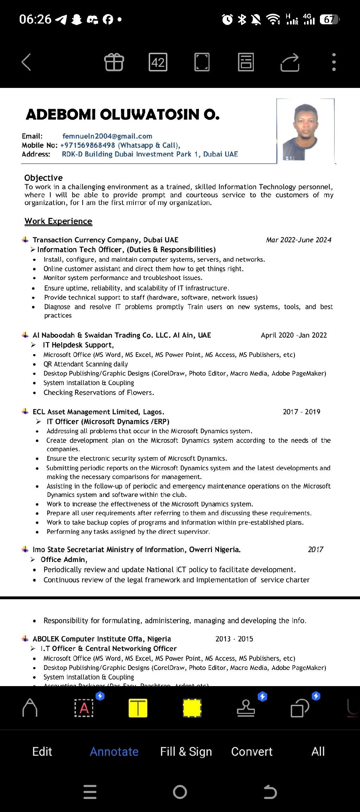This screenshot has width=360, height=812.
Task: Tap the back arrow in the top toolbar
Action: tap(26, 62)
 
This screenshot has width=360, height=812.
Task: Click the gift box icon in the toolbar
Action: tap(114, 62)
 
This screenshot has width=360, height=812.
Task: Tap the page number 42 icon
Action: tap(158, 62)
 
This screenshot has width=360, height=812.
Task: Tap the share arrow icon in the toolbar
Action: tap(290, 62)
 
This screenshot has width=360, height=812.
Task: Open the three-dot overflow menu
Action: tap(334, 62)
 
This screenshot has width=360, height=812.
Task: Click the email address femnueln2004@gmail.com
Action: tap(107, 136)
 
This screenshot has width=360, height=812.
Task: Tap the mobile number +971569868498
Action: tap(88, 145)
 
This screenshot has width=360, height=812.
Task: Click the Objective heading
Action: tap(43, 178)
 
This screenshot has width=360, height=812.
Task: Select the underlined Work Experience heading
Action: tap(58, 221)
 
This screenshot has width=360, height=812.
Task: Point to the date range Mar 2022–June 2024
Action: tap(298, 240)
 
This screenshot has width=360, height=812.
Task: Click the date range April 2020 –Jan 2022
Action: tap(294, 335)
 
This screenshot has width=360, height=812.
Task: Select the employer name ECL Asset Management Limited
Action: tap(98, 412)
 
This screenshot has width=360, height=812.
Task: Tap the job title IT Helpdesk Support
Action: tap(78, 345)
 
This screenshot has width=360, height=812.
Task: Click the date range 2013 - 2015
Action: tap(234, 639)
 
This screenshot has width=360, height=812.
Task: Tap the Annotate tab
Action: tap(114, 752)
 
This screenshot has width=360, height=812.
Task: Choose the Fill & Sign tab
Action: tap(186, 752)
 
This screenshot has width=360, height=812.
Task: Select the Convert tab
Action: tap(252, 752)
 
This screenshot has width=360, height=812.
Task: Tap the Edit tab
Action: tap(42, 752)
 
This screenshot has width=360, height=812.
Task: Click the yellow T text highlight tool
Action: tap(138, 708)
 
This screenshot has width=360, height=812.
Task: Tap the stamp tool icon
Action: tap(246, 708)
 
